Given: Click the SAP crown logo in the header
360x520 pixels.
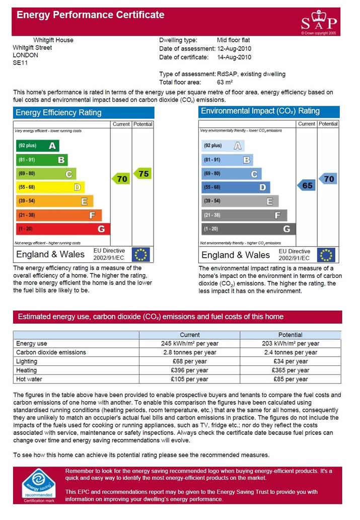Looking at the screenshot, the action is pyautogui.click(x=319, y=21).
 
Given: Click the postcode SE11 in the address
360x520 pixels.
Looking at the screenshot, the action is pyautogui.click(x=20, y=63).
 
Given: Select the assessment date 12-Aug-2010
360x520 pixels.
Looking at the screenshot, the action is pyautogui.click(x=234, y=48).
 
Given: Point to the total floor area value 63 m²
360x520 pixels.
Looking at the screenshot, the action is pyautogui.click(x=225, y=82).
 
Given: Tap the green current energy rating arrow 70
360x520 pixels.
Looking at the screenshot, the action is pyautogui.click(x=121, y=179).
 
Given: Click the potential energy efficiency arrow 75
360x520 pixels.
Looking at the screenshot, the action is pyautogui.click(x=142, y=174).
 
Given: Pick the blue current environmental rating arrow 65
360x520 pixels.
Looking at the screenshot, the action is pyautogui.click(x=306, y=185).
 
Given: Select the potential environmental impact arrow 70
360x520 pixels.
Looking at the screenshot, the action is pyautogui.click(x=328, y=179).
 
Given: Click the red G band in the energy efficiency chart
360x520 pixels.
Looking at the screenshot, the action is pyautogui.click(x=63, y=229).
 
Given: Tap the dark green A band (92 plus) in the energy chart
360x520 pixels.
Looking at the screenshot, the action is pyautogui.click(x=38, y=145).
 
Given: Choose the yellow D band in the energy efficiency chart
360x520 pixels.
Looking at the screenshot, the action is pyautogui.click(x=50, y=187).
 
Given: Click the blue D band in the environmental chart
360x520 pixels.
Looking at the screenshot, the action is pyautogui.click(x=236, y=187).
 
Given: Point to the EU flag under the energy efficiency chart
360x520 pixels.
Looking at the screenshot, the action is pyautogui.click(x=140, y=255).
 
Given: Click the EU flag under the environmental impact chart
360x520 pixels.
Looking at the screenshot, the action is pyautogui.click(x=326, y=255).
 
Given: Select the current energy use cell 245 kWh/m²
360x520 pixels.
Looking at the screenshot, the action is pyautogui.click(x=189, y=344).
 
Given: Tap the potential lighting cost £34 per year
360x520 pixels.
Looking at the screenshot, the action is pyautogui.click(x=291, y=361).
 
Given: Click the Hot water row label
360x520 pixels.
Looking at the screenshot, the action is pyautogui.click(x=29, y=379).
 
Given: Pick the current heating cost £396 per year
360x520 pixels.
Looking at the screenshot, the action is pyautogui.click(x=189, y=370).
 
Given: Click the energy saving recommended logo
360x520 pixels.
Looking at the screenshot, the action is pyautogui.click(x=39, y=485).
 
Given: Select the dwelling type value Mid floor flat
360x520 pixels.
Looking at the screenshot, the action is pyautogui.click(x=233, y=40).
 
